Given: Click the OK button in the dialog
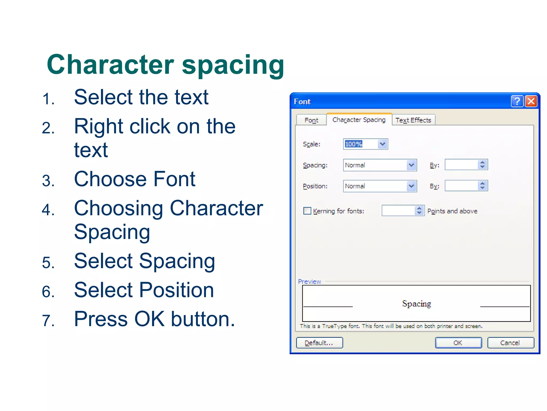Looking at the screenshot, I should pyautogui.click(x=458, y=343).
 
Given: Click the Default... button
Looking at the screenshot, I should pyautogui.click(x=319, y=343).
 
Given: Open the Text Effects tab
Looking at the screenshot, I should pyautogui.click(x=413, y=120).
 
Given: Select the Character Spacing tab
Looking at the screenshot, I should pyautogui.click(x=359, y=120).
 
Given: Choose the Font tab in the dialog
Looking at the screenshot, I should pyautogui.click(x=311, y=120).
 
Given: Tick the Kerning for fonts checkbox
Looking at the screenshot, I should pyautogui.click(x=307, y=211).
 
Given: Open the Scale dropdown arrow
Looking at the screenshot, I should pyautogui.click(x=383, y=144).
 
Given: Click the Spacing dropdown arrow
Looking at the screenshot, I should pyautogui.click(x=412, y=165).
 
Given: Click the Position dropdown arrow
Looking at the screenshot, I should pyautogui.click(x=412, y=186).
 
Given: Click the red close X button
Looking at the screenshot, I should pyautogui.click(x=531, y=101).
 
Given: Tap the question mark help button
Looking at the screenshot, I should pyautogui.click(x=517, y=101).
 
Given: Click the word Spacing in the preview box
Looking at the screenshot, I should pyautogui.click(x=416, y=304).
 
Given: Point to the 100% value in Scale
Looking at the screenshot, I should pyautogui.click(x=354, y=144).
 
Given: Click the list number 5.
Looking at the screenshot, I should pyautogui.click(x=48, y=262).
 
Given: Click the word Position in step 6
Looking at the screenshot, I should pyautogui.click(x=177, y=290).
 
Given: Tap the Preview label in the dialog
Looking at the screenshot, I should pyautogui.click(x=309, y=281).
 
